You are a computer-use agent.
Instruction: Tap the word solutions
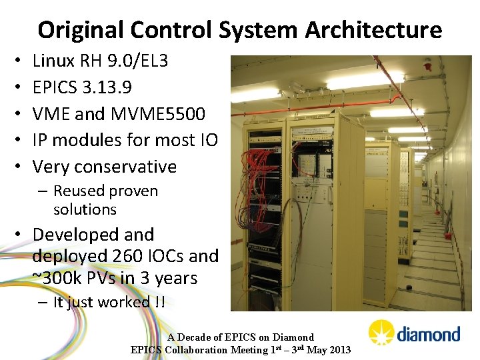85,209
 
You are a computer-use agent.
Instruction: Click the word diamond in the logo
428,334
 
